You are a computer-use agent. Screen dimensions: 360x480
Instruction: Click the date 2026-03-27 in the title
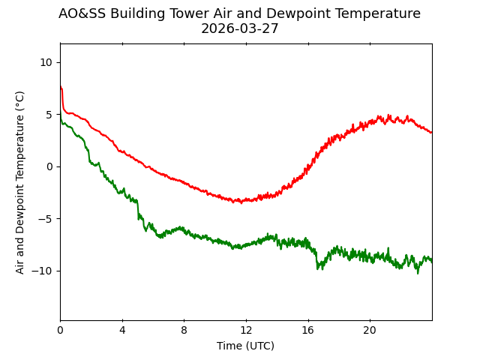(239, 29)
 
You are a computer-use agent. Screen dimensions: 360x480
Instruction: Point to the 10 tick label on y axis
(46, 62)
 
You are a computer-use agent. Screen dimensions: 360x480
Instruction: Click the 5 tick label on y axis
(49, 115)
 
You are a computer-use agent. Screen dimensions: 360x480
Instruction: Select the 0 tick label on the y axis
(49, 166)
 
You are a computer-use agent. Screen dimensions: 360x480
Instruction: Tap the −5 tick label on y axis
(46, 219)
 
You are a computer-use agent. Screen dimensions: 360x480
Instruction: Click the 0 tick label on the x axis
(61, 331)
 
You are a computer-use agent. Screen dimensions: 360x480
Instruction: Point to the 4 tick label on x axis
(122, 331)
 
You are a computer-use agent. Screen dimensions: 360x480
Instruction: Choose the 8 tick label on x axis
(184, 331)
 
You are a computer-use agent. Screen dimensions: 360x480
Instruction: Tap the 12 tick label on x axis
(246, 331)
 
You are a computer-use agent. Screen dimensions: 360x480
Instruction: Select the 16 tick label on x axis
(307, 331)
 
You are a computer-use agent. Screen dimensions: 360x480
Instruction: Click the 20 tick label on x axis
(370, 331)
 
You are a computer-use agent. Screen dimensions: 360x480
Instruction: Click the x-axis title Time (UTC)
(246, 346)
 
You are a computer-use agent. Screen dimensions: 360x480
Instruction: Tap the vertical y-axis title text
(20, 182)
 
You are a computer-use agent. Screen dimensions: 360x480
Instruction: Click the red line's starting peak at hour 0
(61, 87)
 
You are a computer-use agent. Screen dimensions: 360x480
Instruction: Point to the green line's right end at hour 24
(431, 261)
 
